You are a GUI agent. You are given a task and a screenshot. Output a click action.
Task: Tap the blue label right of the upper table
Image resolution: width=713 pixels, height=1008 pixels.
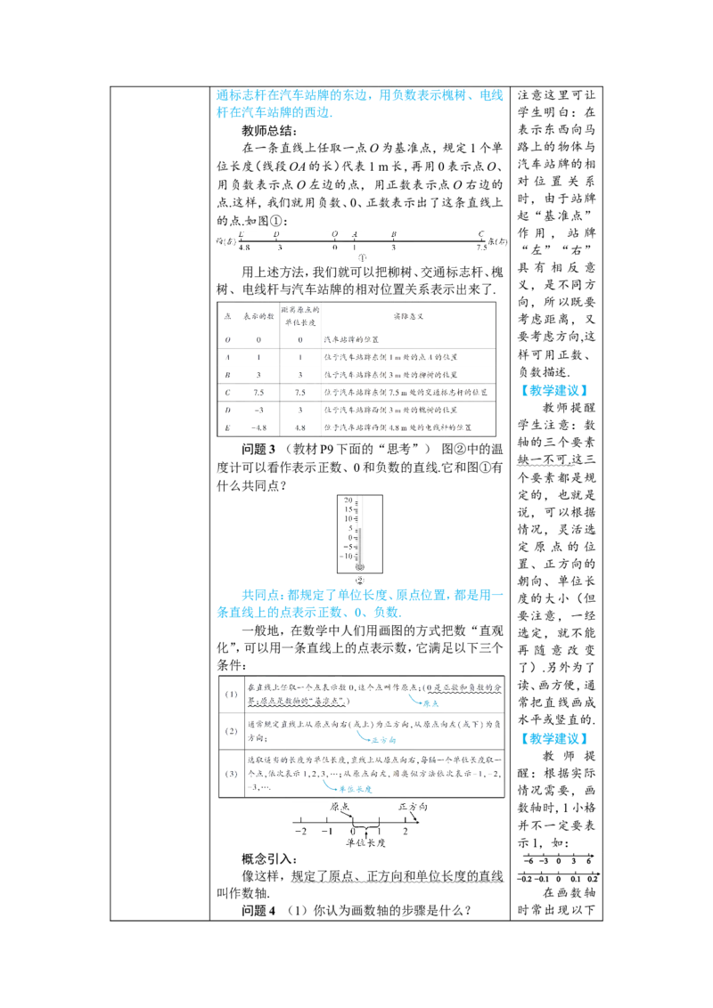[x=554, y=390]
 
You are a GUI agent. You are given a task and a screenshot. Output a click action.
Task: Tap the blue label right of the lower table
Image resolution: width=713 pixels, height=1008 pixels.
[x=554, y=738]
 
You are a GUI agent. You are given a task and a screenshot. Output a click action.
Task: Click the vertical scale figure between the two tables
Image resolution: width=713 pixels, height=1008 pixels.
[x=358, y=530]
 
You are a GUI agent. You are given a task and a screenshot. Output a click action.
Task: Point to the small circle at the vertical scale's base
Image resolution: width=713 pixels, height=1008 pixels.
[x=358, y=578]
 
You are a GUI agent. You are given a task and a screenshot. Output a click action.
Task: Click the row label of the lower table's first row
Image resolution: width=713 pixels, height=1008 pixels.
[x=229, y=695]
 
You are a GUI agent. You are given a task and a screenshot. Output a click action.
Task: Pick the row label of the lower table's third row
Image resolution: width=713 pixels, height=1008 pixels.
[x=229, y=774]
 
